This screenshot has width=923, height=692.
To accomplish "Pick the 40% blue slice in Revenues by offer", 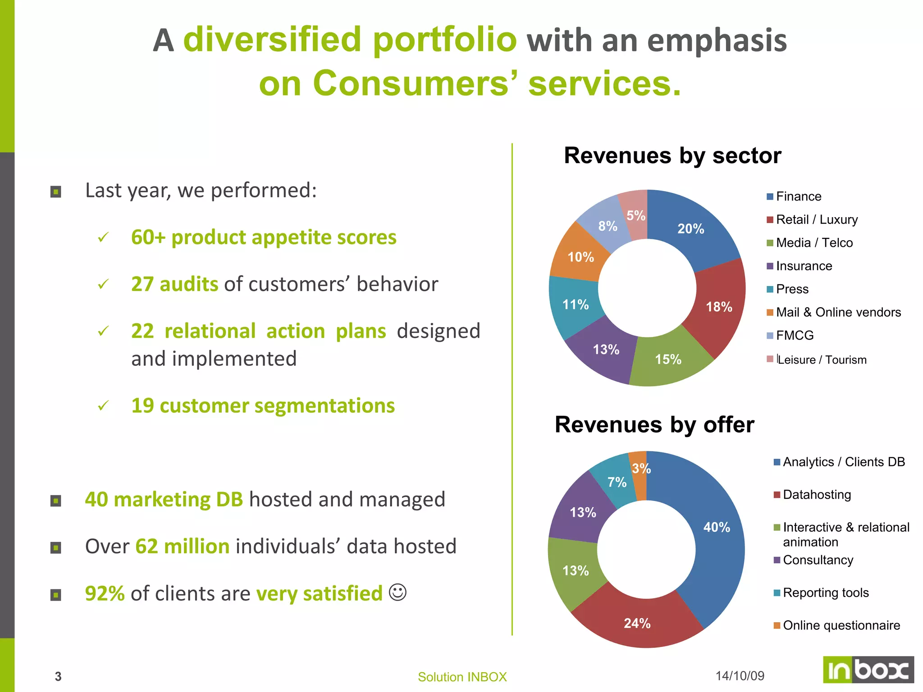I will coord(716,527).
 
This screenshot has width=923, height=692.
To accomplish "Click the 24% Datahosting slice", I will coord(637,623).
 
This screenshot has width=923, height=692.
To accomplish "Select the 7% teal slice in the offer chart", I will coord(616,483).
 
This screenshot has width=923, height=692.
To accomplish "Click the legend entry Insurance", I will coord(804,266).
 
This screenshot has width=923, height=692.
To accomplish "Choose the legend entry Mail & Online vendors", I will coord(838,312).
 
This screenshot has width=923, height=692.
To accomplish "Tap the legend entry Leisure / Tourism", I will coord(822,360).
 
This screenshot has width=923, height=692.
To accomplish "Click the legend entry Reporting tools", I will coord(825,592).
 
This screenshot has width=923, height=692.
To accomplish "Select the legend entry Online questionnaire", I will coord(841,625).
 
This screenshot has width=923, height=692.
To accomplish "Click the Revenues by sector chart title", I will coord(672,156).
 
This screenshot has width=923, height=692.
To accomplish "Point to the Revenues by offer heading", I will coord(654,425).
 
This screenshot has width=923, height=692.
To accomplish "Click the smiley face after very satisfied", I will coord(398,592).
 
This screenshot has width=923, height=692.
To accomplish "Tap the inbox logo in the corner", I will coord(868,670).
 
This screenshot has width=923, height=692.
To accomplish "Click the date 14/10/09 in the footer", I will coord(740,676).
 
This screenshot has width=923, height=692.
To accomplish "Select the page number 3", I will coord(58,676).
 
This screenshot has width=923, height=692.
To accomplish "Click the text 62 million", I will coord(183,546).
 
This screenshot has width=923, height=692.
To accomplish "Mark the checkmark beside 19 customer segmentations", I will coord(103,405).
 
